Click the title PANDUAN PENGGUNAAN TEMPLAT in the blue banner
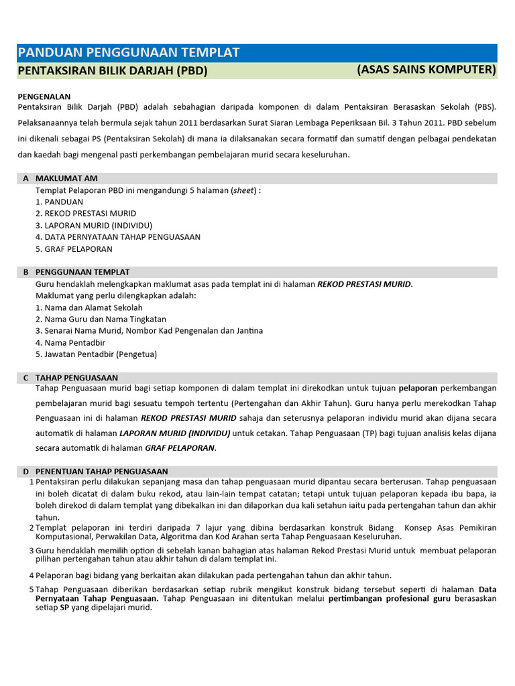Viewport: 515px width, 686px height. coord(128,53)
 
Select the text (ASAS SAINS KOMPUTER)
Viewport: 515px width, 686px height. coord(426,70)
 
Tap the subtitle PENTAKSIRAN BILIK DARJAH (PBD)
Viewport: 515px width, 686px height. coord(112,71)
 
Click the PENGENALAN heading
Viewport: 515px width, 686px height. coord(44,96)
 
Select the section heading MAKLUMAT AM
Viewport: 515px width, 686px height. coord(66,178)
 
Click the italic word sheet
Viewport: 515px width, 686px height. coord(243,190)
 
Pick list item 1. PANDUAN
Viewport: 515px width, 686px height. coord(59,202)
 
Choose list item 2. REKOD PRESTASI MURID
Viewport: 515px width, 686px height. coord(86,214)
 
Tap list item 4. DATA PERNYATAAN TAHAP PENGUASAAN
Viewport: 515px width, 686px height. coord(118,237)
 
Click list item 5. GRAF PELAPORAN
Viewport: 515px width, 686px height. coord(74,249)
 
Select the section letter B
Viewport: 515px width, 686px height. coord(25,272)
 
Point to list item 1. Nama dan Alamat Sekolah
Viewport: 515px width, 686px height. coord(89,307)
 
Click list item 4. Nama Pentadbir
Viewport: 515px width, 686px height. coord(70,342)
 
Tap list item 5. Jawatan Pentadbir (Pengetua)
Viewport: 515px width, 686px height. coord(96,354)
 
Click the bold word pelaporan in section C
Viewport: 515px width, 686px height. coord(418,388)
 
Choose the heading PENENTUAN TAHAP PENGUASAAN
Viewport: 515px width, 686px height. coord(101,472)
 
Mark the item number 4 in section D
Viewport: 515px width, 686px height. coord(31,575)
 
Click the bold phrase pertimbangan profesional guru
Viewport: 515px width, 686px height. coord(389,598)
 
